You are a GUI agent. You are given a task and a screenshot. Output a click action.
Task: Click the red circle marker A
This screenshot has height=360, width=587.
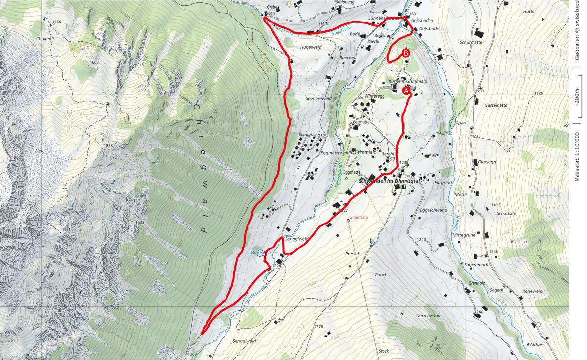click(406, 90)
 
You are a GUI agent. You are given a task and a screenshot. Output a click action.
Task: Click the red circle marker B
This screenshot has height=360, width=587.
click(406, 53)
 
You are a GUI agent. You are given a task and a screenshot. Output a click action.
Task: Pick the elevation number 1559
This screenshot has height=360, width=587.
click(56, 22)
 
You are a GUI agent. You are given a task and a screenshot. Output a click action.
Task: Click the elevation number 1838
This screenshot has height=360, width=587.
click(108, 146)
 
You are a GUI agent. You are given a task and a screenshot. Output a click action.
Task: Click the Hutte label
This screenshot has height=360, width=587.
click(529, 11)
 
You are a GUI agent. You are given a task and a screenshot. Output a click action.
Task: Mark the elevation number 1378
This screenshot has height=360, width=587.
click(319, 327)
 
